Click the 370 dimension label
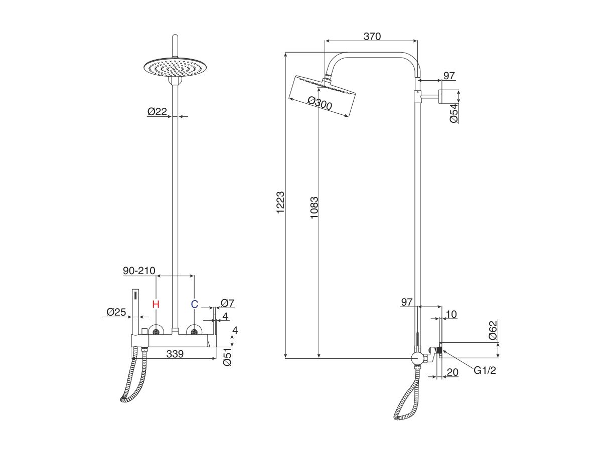pyautogui.click(x=372, y=36)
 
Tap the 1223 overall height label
pyautogui.click(x=280, y=202)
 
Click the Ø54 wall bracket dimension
pyautogui.click(x=453, y=114)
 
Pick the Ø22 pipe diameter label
pyautogui.click(x=157, y=112)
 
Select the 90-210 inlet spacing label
pyautogui.click(x=139, y=271)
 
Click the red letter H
pyautogui.click(x=156, y=304)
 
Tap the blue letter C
pyautogui.click(x=195, y=304)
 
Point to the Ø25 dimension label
pyautogui.click(x=116, y=312)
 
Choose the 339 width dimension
pyautogui.click(x=174, y=354)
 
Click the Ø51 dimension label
pyautogui.click(x=227, y=356)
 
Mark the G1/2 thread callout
pyautogui.click(x=485, y=370)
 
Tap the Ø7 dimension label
pyautogui.click(x=228, y=303)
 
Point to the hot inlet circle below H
pyautogui.click(x=156, y=332)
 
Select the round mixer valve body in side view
pyautogui.click(x=416, y=358)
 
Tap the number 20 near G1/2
pyautogui.click(x=453, y=372)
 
